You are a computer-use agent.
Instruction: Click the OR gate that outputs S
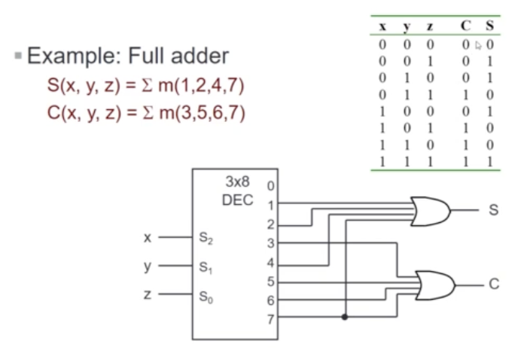[430, 211]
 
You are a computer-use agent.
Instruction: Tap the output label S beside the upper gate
[494, 210]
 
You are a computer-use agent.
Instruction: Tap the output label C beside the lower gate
[494, 285]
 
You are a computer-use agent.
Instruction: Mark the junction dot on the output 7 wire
[345, 316]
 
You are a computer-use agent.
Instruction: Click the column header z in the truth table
[429, 26]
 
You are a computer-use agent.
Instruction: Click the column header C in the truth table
[467, 26]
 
